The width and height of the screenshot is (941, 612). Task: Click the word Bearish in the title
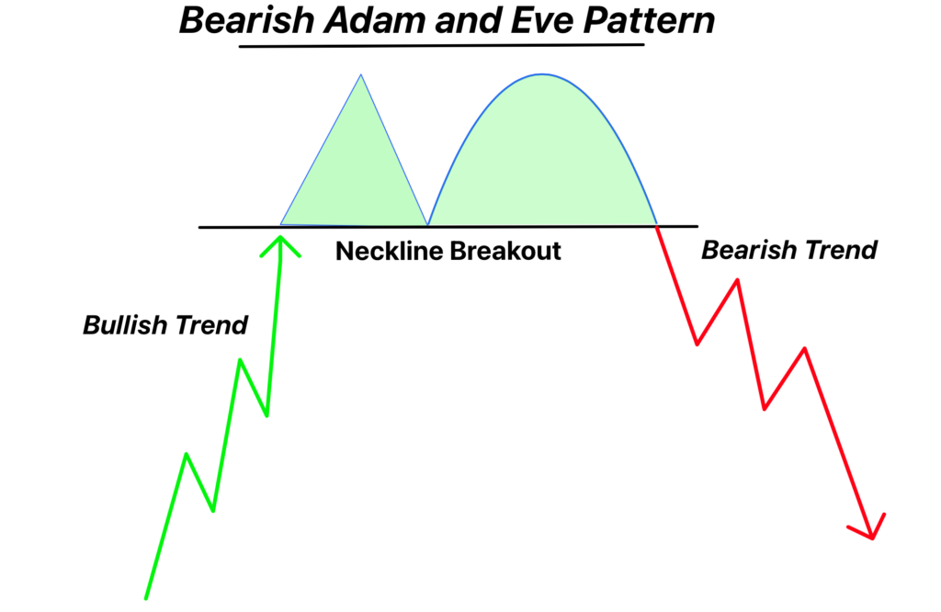click(247, 20)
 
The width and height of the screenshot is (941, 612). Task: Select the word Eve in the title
click(542, 20)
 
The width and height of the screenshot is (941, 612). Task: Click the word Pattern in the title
click(650, 20)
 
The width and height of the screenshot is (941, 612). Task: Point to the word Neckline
click(389, 251)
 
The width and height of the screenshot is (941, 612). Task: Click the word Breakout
click(505, 251)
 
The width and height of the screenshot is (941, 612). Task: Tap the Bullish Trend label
click(165, 325)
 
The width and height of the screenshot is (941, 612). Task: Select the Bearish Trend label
click(789, 250)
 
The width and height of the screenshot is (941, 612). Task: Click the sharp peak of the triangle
click(360, 75)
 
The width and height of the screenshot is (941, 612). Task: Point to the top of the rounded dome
click(542, 74)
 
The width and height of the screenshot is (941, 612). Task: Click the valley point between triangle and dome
click(427, 225)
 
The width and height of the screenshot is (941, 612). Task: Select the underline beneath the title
click(442, 45)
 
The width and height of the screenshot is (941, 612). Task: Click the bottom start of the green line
click(146, 598)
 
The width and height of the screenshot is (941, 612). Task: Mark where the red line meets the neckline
click(656, 226)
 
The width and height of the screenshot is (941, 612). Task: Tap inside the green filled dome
click(542, 156)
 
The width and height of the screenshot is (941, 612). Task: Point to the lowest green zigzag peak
click(187, 454)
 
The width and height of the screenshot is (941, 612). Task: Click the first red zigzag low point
click(697, 345)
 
